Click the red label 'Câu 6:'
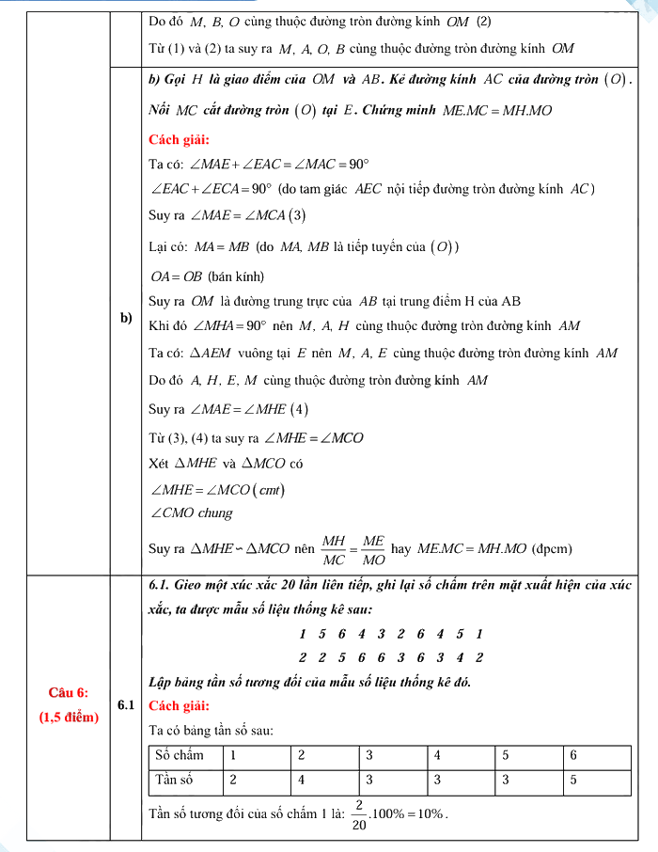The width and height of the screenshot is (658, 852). (x=69, y=692)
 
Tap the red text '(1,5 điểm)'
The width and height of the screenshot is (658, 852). (x=69, y=717)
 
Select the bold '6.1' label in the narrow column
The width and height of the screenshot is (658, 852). (x=128, y=704)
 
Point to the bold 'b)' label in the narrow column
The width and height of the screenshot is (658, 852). (x=128, y=318)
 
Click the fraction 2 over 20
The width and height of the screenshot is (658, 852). (x=360, y=814)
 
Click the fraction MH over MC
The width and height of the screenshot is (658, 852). (x=334, y=549)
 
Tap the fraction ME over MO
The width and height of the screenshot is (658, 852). (x=373, y=549)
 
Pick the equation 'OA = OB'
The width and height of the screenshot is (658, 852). (x=176, y=276)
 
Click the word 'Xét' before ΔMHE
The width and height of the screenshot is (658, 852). (x=159, y=464)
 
